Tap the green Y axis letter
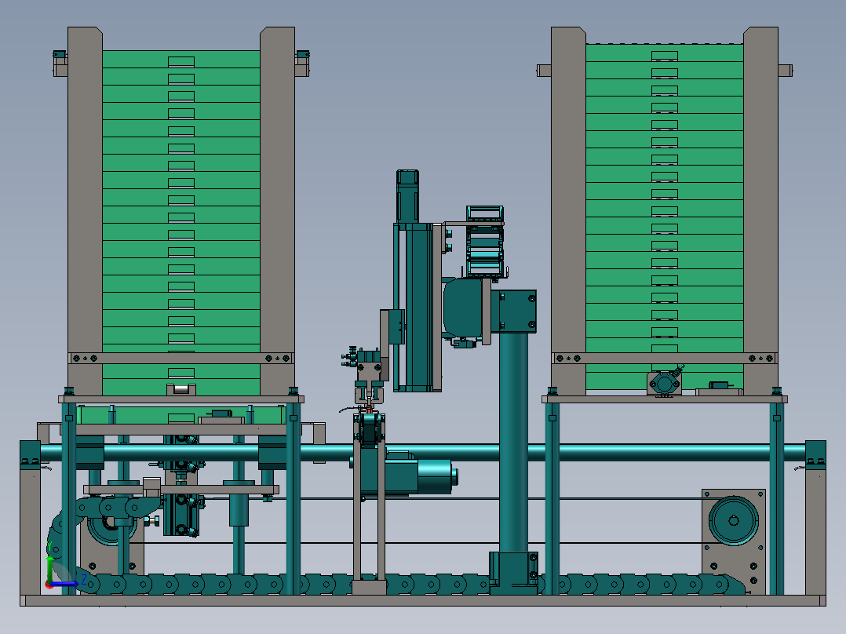tap(49, 547)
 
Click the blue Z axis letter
tap(84, 580)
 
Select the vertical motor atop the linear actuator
tap(407, 196)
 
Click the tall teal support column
tap(513, 443)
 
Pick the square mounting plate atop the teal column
tap(517, 312)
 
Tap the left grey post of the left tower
tap(85, 211)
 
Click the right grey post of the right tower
tap(760, 211)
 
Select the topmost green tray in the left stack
tap(181, 60)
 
